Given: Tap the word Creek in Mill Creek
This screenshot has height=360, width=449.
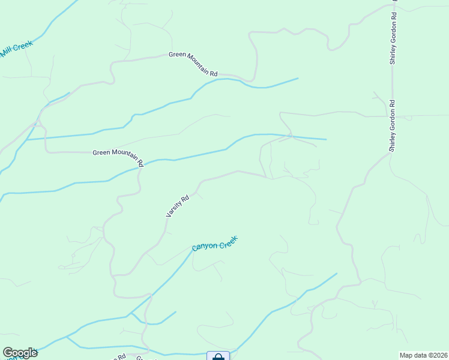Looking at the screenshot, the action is (x=23, y=45).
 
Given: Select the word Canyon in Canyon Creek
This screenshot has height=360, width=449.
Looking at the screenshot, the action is (x=204, y=246).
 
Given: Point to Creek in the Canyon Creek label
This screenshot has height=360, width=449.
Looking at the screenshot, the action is (x=228, y=241).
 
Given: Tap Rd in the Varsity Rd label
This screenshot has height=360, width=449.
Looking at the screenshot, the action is (x=185, y=197).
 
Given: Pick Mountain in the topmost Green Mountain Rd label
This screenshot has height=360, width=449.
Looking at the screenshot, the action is (x=199, y=63).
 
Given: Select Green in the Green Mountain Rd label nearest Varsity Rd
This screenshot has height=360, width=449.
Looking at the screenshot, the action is (x=102, y=152).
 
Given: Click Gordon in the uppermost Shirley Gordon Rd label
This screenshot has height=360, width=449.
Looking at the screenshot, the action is (x=393, y=28).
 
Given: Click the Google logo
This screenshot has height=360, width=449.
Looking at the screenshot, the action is (x=20, y=353).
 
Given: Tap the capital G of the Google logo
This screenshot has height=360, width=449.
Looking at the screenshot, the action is (x=8, y=352).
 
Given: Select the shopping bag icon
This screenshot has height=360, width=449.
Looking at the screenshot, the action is (x=218, y=357).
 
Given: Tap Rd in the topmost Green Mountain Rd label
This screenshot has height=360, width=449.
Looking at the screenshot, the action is (x=214, y=73).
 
